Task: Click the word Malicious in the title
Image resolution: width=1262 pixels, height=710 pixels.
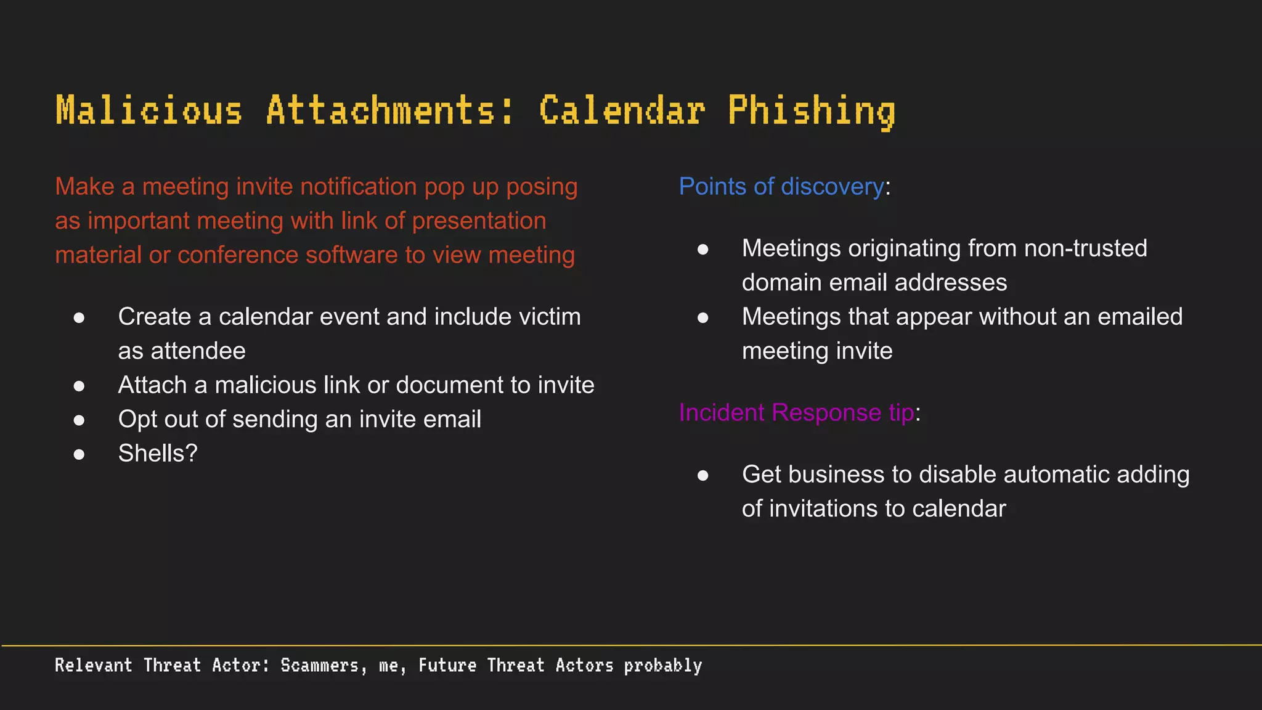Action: (149, 111)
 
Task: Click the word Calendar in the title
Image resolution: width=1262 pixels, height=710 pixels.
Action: (622, 111)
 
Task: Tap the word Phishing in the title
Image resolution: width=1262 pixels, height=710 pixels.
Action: (811, 111)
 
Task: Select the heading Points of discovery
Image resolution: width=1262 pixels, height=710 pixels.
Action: (781, 187)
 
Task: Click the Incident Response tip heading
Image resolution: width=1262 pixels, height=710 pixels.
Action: (796, 412)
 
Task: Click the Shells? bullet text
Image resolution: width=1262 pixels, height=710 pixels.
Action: (158, 454)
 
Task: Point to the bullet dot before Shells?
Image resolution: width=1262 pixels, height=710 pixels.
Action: (79, 455)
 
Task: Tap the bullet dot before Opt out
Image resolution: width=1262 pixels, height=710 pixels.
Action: (79, 420)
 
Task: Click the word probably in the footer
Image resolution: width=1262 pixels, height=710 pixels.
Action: (662, 666)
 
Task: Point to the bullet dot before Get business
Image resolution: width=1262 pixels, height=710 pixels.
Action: (702, 475)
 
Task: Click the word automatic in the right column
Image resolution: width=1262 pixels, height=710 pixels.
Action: (1043, 475)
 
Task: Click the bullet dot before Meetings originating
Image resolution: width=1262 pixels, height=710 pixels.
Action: (702, 250)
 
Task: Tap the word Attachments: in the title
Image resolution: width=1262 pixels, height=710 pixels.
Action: (389, 111)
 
